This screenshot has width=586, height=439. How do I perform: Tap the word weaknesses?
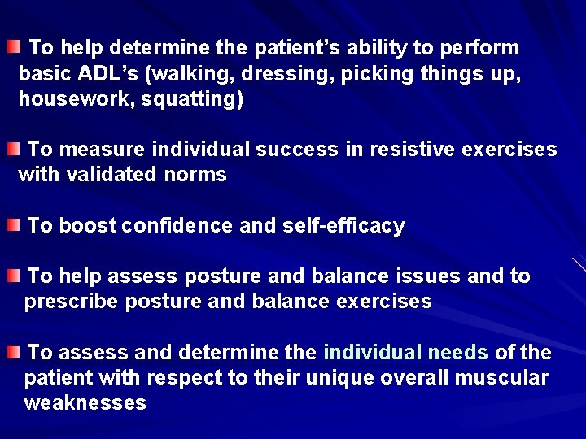[x=85, y=403]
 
